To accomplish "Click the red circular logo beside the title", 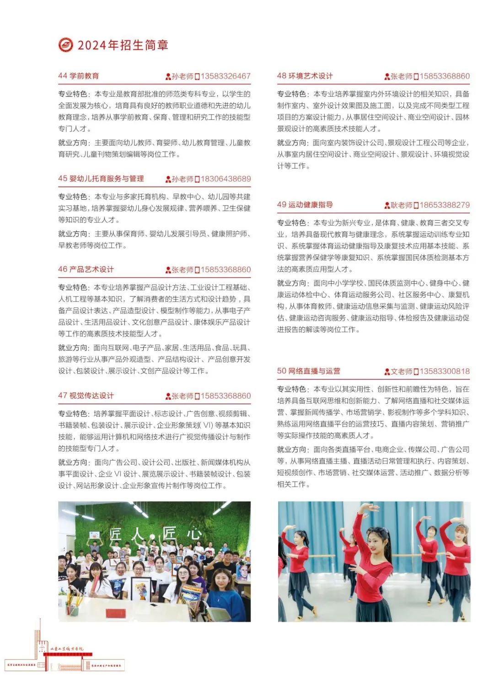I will click(x=66, y=45).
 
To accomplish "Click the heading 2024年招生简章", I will click(x=123, y=45).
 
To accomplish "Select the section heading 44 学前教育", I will click(x=78, y=76).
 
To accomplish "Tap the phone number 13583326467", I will click(x=226, y=76).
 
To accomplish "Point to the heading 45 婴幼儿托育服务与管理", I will click(x=101, y=178).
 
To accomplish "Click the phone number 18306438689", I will click(x=226, y=179).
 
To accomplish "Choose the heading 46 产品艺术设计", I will click(x=86, y=269).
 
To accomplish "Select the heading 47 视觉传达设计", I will click(x=86, y=395).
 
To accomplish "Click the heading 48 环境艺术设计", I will click(x=305, y=76).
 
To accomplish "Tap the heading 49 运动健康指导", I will click(x=305, y=205).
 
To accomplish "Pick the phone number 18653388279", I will click(x=445, y=205).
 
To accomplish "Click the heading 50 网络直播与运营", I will click(x=308, y=371).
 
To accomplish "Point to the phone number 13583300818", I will click(x=445, y=371).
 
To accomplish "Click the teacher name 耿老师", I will click(x=401, y=205).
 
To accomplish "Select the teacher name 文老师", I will click(x=401, y=371).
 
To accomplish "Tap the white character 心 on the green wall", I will click(x=194, y=533).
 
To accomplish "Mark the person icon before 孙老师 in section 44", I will click(x=168, y=76).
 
